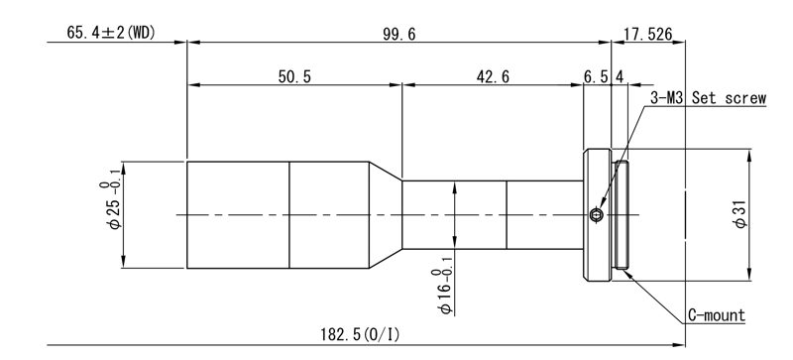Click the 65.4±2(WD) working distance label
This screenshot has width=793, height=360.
111,33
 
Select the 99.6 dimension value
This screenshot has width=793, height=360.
399,34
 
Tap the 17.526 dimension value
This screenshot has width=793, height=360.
648,34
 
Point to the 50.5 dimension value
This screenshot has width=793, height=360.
294,76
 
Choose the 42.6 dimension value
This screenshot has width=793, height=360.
493,76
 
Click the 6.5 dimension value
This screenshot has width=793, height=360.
596,76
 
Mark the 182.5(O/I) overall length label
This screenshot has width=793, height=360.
360,334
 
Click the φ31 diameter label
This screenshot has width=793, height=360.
740,214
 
